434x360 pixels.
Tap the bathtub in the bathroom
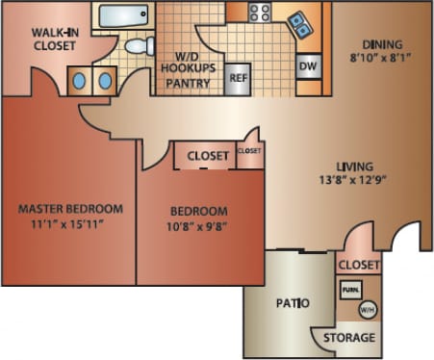pos(122,16)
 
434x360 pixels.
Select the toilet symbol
pos(140,45)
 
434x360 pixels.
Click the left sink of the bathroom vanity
pos(79,81)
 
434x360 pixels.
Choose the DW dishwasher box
pos(308,66)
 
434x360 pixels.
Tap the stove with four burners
pos(260,13)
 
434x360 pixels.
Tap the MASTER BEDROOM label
pos(71,209)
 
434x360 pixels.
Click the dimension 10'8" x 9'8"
pos(199,226)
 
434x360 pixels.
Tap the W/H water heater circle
pos(367,310)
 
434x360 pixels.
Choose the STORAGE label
pos(347,338)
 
